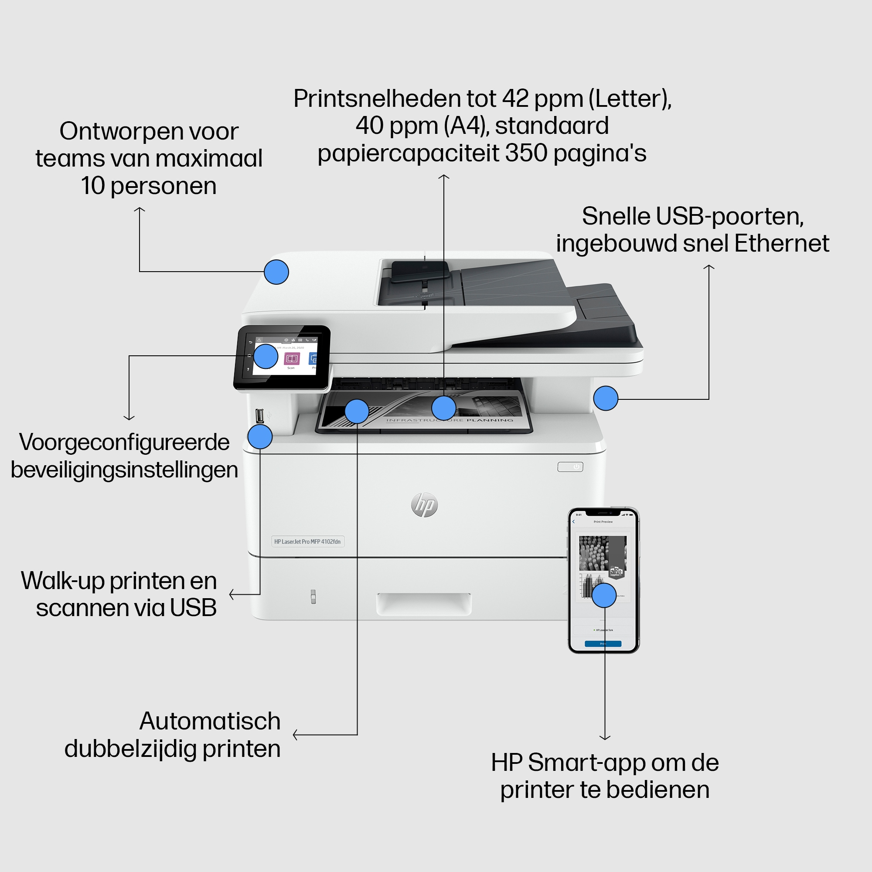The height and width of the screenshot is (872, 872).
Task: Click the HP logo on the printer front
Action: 424,505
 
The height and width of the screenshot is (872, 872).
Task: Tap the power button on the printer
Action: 570,467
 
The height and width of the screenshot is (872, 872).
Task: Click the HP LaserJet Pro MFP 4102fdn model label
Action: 307,542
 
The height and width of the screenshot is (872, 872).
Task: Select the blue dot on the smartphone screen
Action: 604,595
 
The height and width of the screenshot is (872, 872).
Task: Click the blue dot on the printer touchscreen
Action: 266,357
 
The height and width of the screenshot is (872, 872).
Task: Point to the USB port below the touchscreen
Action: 259,415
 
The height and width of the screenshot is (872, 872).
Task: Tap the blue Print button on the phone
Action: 603,644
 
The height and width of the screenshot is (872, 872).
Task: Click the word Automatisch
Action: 210,721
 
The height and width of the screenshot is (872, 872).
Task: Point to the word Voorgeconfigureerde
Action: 124,442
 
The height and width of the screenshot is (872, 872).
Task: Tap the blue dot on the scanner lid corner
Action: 276,272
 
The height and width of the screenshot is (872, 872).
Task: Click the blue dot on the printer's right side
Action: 606,398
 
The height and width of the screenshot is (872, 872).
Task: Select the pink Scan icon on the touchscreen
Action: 292,359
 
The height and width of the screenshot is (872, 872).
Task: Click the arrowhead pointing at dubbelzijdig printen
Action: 295,735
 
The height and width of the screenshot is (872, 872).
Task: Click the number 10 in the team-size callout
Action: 92,186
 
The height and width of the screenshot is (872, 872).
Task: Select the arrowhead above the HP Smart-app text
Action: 605,738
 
